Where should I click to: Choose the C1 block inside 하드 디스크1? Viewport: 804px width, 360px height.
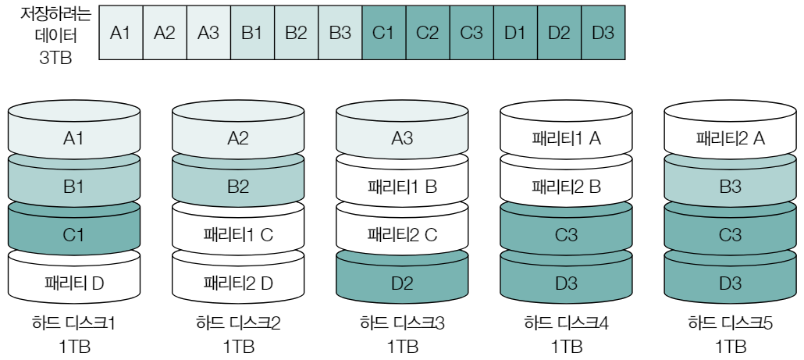pyautogui.click(x=73, y=233)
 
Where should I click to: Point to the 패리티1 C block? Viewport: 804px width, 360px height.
pyautogui.click(x=237, y=233)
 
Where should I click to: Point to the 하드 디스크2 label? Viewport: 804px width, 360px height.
pyautogui.click(x=237, y=323)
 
